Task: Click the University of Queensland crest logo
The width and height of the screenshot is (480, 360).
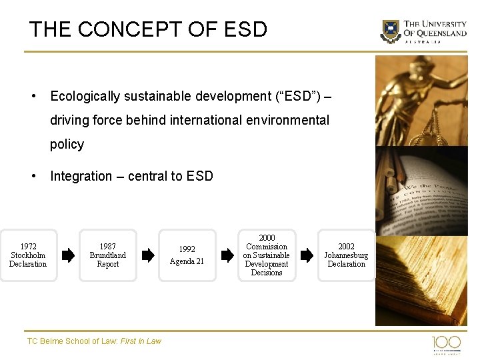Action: pyautogui.click(x=391, y=31)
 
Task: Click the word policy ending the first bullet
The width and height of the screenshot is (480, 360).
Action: pyautogui.click(x=67, y=145)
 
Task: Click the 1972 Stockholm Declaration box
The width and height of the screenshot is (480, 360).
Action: pyautogui.click(x=28, y=255)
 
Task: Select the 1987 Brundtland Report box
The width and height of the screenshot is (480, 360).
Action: pyautogui.click(x=108, y=255)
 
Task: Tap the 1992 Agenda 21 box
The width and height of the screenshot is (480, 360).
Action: pyautogui.click(x=187, y=255)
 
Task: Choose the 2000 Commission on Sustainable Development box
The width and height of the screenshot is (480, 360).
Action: pyautogui.click(x=267, y=255)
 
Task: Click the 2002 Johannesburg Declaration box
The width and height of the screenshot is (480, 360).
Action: pyautogui.click(x=346, y=255)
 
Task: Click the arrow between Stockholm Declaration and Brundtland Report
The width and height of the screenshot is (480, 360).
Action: pyautogui.click(x=68, y=255)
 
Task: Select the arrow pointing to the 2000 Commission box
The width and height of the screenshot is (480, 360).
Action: pyautogui.click(x=227, y=255)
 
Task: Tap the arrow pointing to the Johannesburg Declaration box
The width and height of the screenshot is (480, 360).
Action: pyautogui.click(x=307, y=255)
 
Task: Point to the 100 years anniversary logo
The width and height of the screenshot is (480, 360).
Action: pyautogui.click(x=446, y=344)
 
